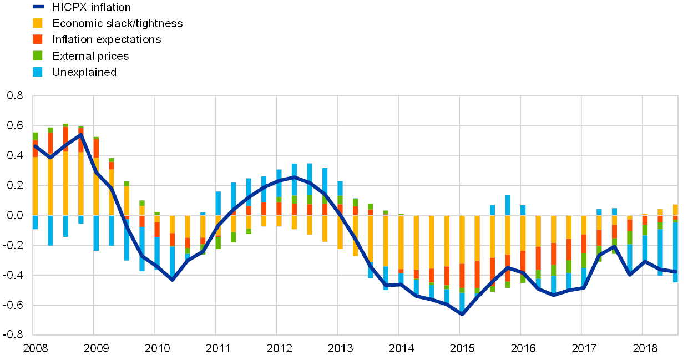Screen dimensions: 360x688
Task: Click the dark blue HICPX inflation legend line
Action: point(38,7)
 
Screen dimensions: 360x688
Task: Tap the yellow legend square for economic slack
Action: point(38,23)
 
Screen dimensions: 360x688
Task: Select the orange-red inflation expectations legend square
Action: point(38,39)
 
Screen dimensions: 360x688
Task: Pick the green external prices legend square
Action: point(38,55)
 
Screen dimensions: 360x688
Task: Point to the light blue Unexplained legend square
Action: point(38,72)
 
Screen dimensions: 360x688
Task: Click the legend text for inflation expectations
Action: point(109,39)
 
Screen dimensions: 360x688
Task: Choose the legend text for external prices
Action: point(92,56)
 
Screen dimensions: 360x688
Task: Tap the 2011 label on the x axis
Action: point(217,348)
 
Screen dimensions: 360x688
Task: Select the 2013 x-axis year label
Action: point(340,348)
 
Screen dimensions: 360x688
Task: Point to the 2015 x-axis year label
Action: point(462,348)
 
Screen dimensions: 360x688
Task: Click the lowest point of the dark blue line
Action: point(461,314)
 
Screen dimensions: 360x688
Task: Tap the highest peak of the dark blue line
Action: point(81,134)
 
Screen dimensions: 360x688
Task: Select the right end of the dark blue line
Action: point(675,272)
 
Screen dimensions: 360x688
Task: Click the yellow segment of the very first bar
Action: point(36,186)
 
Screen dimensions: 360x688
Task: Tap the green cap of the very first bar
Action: point(36,136)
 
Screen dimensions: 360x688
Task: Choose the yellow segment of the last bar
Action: point(675,210)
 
